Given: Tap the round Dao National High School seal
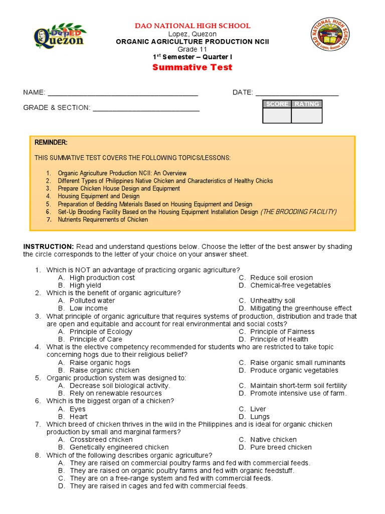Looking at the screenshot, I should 328,35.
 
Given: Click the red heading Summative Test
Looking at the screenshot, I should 192,67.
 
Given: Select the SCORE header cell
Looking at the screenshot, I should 277,104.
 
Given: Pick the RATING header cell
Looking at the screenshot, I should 307,104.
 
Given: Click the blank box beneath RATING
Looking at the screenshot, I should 307,116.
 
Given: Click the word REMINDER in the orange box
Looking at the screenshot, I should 51,143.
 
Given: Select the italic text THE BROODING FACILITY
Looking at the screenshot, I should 298,212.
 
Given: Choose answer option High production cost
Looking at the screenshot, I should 102,278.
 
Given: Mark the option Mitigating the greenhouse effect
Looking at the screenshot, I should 301,308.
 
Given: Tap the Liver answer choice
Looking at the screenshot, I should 258,409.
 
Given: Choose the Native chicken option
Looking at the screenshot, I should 273,440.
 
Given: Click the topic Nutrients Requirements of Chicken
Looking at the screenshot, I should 103,220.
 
